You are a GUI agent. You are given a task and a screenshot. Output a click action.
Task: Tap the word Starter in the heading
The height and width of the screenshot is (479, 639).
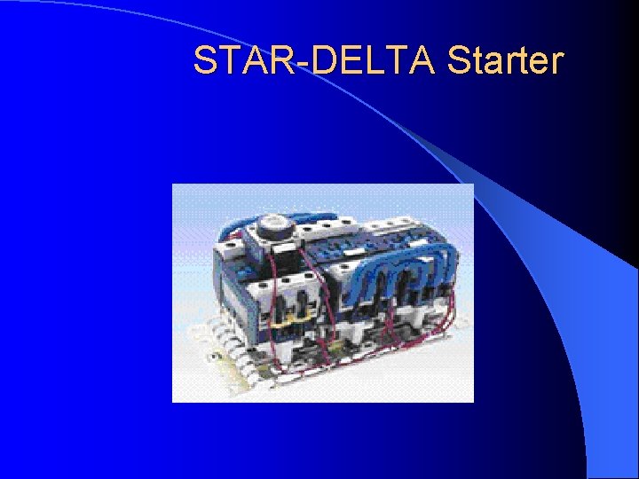click(505, 62)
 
